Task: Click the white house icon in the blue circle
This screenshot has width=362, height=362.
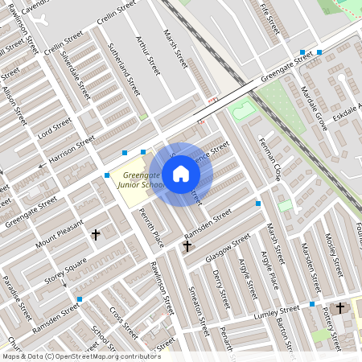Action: pyautogui.click(x=181, y=174)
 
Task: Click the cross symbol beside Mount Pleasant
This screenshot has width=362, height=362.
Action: pyautogui.click(x=96, y=235)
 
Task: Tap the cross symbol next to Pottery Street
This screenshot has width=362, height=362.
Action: pyautogui.click(x=340, y=307)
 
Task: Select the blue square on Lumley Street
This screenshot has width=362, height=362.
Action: pyautogui.click(x=311, y=304)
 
